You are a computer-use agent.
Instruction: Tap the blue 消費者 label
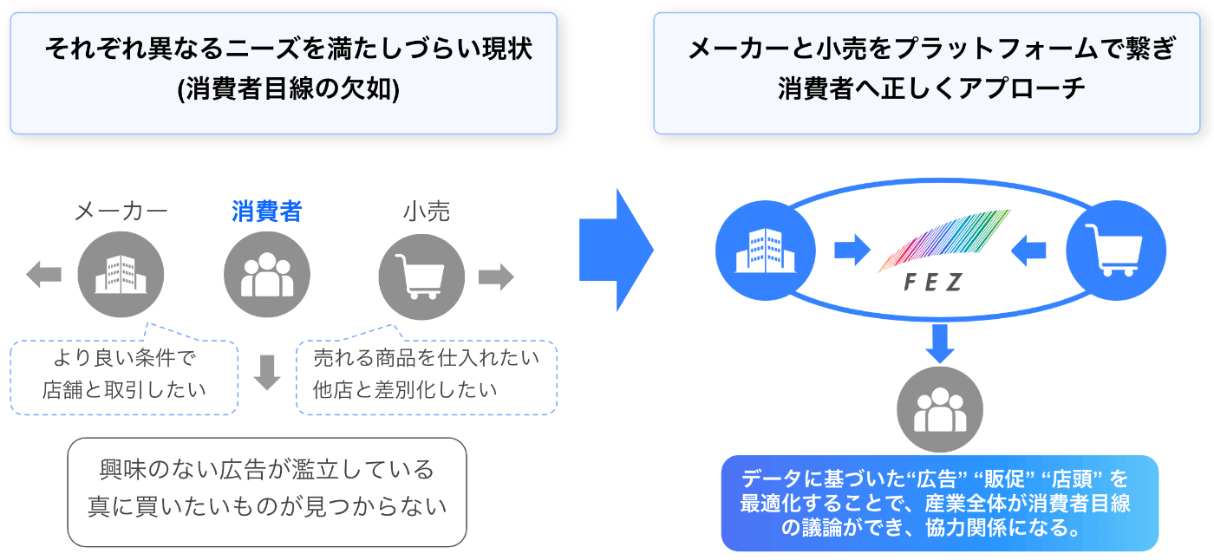pyautogui.click(x=266, y=212)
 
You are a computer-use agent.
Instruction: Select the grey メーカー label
pyautogui.click(x=121, y=212)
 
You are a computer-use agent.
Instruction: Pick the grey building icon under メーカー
pyautogui.click(x=121, y=277)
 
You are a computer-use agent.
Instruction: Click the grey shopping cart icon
pyautogui.click(x=421, y=277)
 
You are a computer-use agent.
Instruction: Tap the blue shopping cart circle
pyautogui.click(x=1115, y=251)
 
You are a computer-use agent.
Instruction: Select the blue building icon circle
pyautogui.click(x=765, y=251)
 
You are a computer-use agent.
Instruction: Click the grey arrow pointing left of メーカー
pyautogui.click(x=44, y=277)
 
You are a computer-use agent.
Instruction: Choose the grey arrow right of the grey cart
pyautogui.click(x=496, y=277)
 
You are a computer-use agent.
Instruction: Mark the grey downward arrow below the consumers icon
pyautogui.click(x=267, y=372)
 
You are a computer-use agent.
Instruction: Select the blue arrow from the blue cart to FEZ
pyautogui.click(x=1028, y=251)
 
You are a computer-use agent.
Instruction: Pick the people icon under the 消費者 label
pyautogui.click(x=266, y=277)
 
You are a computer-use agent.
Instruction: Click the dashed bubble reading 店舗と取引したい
pyautogui.click(x=124, y=377)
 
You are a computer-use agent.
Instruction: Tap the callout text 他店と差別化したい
pyautogui.click(x=405, y=390)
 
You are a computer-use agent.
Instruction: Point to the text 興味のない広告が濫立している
pyautogui.click(x=267, y=470)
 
